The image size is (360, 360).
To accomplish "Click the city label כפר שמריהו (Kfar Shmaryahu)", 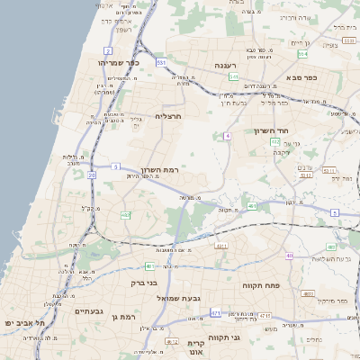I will tap(117, 63).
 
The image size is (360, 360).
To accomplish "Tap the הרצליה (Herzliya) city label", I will tap(168, 116).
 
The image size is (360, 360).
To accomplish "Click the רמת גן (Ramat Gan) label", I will tap(123, 317).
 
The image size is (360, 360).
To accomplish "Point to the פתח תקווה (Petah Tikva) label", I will tap(261, 284).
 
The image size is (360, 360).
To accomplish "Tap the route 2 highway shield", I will tap(108, 50).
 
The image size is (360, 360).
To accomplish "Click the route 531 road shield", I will tap(161, 62).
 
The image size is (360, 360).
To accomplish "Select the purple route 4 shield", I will tap(229, 135).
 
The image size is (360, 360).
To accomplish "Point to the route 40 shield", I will tap(290, 256).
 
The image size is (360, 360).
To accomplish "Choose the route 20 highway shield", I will tap(92, 175).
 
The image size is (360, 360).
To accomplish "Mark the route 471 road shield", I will tap(216, 312).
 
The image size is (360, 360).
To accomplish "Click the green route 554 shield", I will tap(302, 54).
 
